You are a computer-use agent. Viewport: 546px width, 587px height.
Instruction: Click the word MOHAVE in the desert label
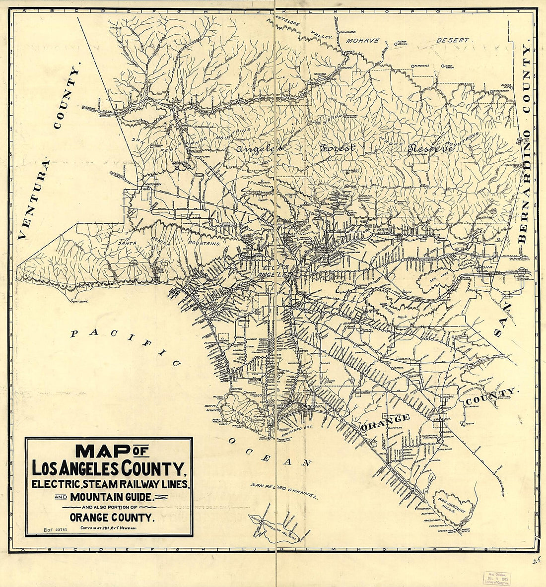point(362,41)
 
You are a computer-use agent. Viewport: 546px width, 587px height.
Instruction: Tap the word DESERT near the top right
point(452,40)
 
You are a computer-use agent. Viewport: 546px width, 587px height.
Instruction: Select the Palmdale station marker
point(338,32)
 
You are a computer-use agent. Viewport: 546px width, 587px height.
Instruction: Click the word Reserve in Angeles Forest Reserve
point(430,148)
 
